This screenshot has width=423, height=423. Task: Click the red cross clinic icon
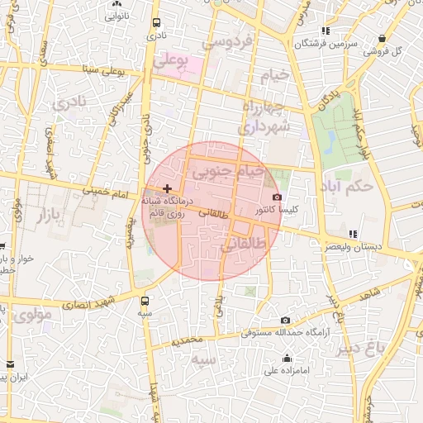pos(167,188)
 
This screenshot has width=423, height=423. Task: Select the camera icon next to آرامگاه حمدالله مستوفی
pos(285,321)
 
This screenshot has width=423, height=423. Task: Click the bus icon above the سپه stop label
pos(145,301)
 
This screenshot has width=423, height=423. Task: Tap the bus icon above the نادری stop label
pos(154,23)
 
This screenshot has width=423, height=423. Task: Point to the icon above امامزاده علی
pos(287,358)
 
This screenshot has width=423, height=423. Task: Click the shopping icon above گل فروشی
pos(382,38)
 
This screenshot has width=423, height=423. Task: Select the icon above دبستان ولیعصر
pos(354,234)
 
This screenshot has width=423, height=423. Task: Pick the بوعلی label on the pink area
pos(172,61)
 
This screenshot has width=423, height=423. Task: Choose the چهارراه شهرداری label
pos(264,118)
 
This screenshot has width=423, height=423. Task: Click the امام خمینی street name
pos(105,191)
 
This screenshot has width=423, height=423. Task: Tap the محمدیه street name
pos(188,340)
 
